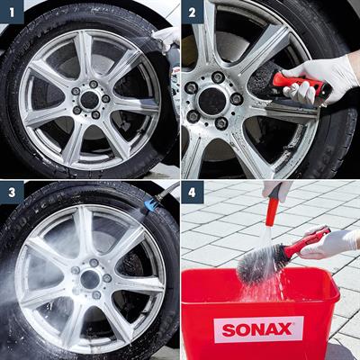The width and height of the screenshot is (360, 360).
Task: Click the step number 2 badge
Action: click(x=192, y=12)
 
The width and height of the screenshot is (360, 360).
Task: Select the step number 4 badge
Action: click(x=192, y=192)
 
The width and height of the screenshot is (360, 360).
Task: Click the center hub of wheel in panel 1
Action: click(x=90, y=97)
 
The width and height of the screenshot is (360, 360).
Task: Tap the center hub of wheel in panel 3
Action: click(x=90, y=277)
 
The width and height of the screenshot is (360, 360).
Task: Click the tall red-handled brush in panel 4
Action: click(x=271, y=216)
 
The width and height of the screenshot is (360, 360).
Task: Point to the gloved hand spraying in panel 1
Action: click(x=166, y=38)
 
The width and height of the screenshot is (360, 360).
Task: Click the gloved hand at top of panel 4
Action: click(x=277, y=188)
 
